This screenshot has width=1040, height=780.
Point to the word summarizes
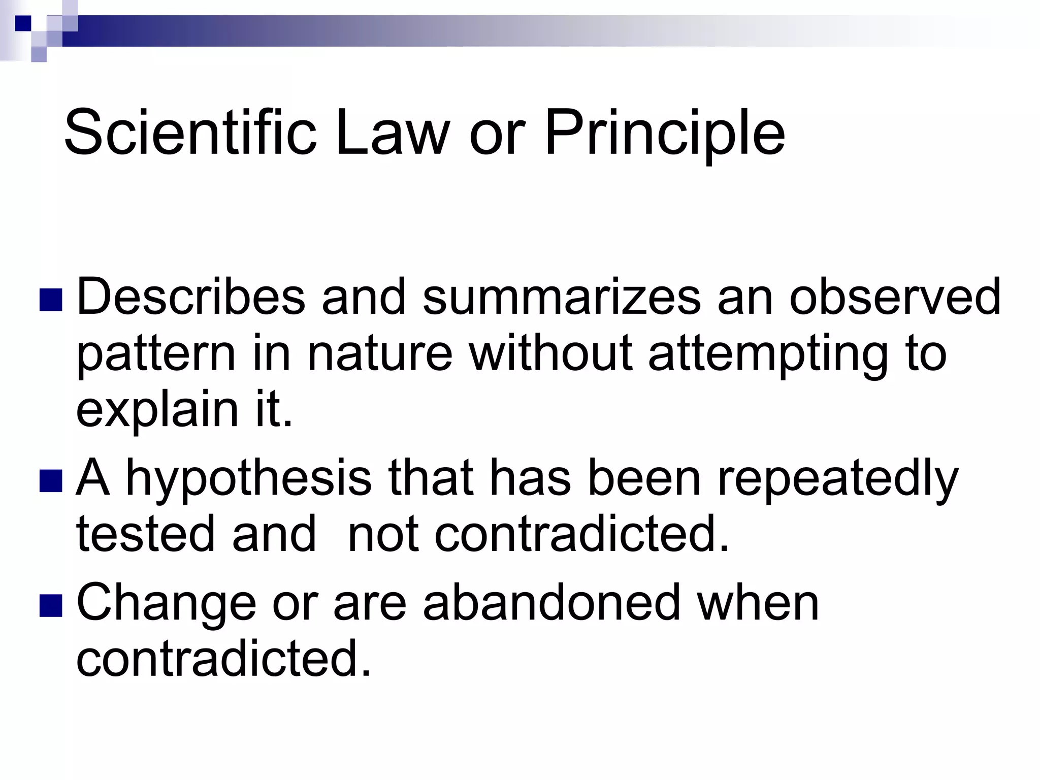pyautogui.click(x=561, y=298)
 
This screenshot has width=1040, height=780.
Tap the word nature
pyautogui.click(x=379, y=354)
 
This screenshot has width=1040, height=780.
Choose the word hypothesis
pyautogui.click(x=249, y=479)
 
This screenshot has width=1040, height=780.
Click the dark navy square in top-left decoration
pyautogui.click(x=23, y=23)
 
